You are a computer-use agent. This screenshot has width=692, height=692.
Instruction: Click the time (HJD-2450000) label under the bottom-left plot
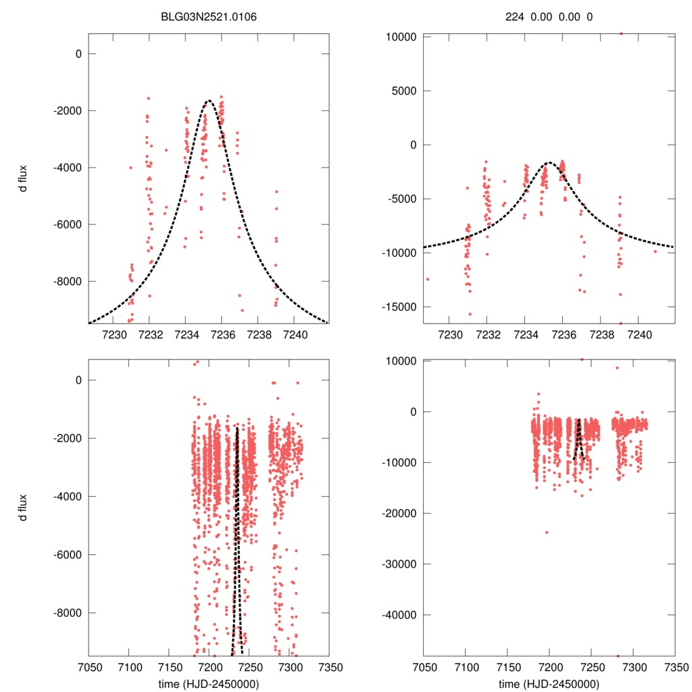point(209,684)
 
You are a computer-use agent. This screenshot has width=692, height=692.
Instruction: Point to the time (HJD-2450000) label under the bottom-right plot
point(549,684)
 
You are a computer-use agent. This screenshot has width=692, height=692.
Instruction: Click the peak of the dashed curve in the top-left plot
point(209,101)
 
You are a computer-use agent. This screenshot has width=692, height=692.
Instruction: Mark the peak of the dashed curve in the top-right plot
point(549,162)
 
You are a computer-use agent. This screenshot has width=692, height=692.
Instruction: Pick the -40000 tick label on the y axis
point(399,615)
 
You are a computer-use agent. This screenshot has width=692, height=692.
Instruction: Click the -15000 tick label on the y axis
point(399,307)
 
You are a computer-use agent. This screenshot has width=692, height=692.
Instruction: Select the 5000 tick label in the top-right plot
point(403,91)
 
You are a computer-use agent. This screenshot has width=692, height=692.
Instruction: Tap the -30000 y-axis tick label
point(399,564)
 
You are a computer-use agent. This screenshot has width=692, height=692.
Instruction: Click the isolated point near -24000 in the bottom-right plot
point(547,532)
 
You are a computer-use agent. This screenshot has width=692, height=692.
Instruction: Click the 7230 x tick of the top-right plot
point(449,334)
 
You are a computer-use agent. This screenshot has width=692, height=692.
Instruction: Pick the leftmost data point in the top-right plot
point(428,279)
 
